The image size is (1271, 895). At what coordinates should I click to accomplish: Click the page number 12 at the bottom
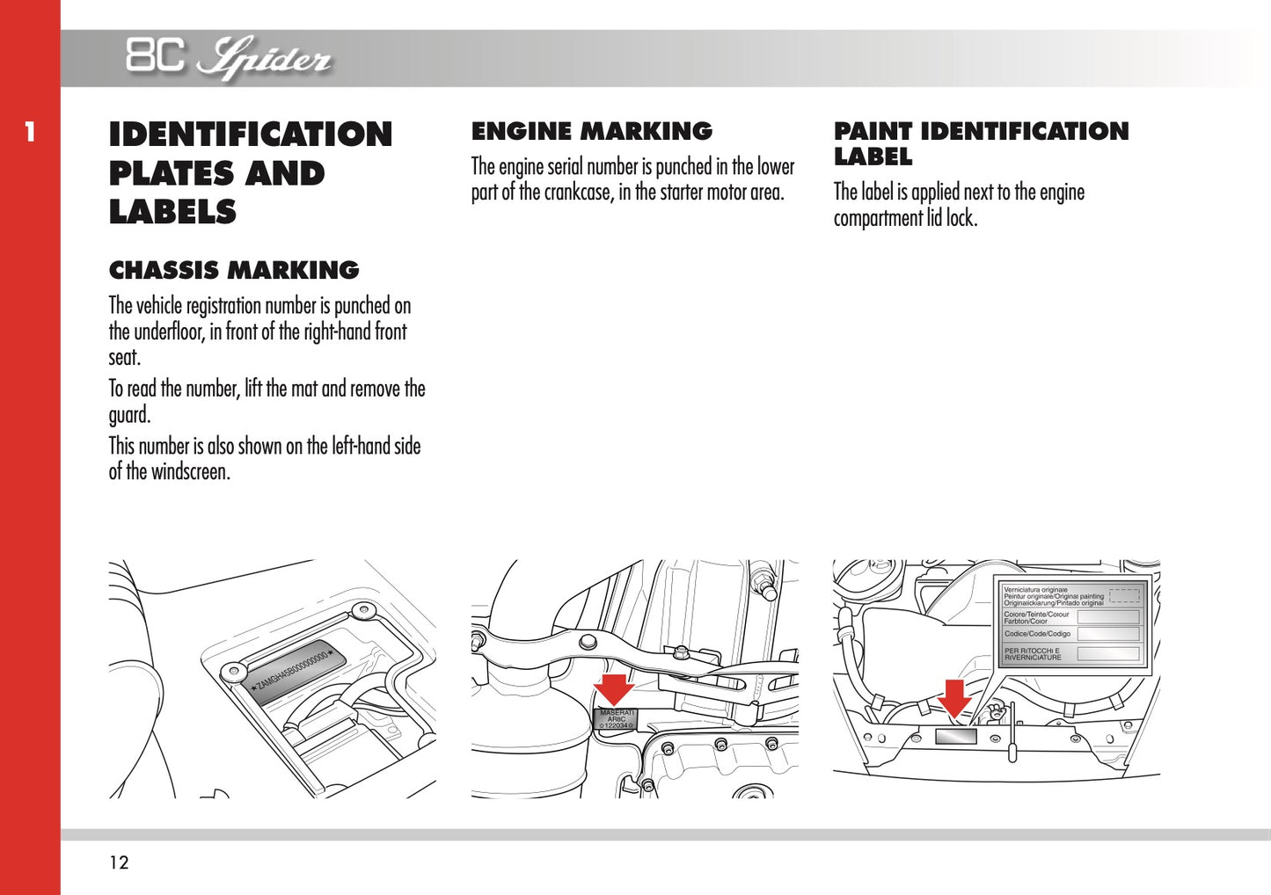tap(119, 862)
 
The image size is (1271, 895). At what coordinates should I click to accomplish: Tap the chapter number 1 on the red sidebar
tap(30, 133)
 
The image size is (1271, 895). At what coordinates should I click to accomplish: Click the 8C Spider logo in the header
tap(228, 58)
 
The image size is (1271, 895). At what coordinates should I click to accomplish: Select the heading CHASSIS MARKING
tap(234, 270)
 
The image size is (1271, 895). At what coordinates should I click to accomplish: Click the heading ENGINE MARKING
tap(591, 131)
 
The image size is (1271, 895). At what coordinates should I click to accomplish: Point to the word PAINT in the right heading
tap(873, 132)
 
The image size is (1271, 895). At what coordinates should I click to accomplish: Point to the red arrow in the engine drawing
tap(613, 689)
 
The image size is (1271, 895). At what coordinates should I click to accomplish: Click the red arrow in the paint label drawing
tap(954, 698)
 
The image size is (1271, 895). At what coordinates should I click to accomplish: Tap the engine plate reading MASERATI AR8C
tap(616, 718)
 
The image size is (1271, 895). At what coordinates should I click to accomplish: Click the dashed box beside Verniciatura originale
tap(1124, 596)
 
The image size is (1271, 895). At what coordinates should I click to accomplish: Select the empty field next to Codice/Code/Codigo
tap(1108, 634)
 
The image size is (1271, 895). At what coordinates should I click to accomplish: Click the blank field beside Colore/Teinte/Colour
tap(1108, 617)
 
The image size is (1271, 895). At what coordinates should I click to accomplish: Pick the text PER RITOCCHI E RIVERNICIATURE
tap(1033, 654)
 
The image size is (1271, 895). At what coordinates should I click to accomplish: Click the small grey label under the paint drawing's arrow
tap(955, 736)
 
